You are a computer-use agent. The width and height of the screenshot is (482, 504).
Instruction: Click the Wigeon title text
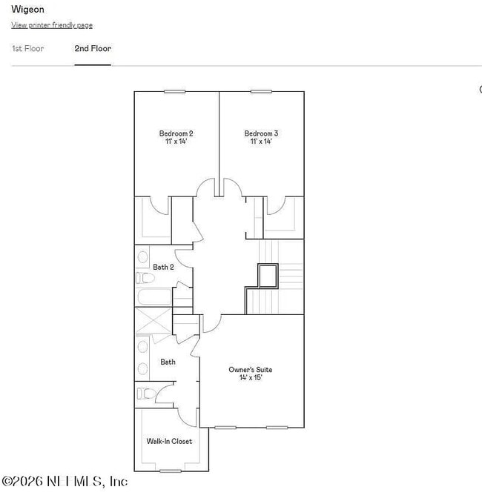click(x=27, y=10)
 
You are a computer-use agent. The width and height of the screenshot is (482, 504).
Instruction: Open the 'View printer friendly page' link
click(x=52, y=25)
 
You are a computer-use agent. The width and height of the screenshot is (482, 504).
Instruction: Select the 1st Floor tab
click(x=27, y=49)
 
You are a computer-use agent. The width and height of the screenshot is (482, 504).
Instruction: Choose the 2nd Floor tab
click(x=93, y=49)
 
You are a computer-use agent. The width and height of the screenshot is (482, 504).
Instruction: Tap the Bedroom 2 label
click(x=176, y=133)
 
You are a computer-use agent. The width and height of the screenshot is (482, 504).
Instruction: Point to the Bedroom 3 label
click(x=261, y=133)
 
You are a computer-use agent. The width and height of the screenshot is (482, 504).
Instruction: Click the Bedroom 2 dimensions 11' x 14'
click(x=176, y=142)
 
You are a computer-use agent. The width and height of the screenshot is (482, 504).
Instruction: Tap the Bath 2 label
click(x=163, y=267)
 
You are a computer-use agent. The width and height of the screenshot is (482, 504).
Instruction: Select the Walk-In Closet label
click(x=169, y=441)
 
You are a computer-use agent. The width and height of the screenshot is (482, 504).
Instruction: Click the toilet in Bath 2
click(x=145, y=278)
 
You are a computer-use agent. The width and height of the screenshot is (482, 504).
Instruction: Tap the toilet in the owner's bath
click(x=145, y=394)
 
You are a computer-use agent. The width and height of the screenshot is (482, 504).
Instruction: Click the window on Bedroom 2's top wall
click(x=175, y=91)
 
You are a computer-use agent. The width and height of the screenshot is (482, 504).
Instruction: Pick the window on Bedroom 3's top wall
click(x=261, y=91)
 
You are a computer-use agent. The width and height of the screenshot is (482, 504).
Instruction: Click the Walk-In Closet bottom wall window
click(x=171, y=471)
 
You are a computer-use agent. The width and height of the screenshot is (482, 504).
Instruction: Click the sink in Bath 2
click(x=142, y=257)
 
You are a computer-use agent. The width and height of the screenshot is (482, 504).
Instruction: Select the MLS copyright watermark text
click(x=65, y=481)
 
